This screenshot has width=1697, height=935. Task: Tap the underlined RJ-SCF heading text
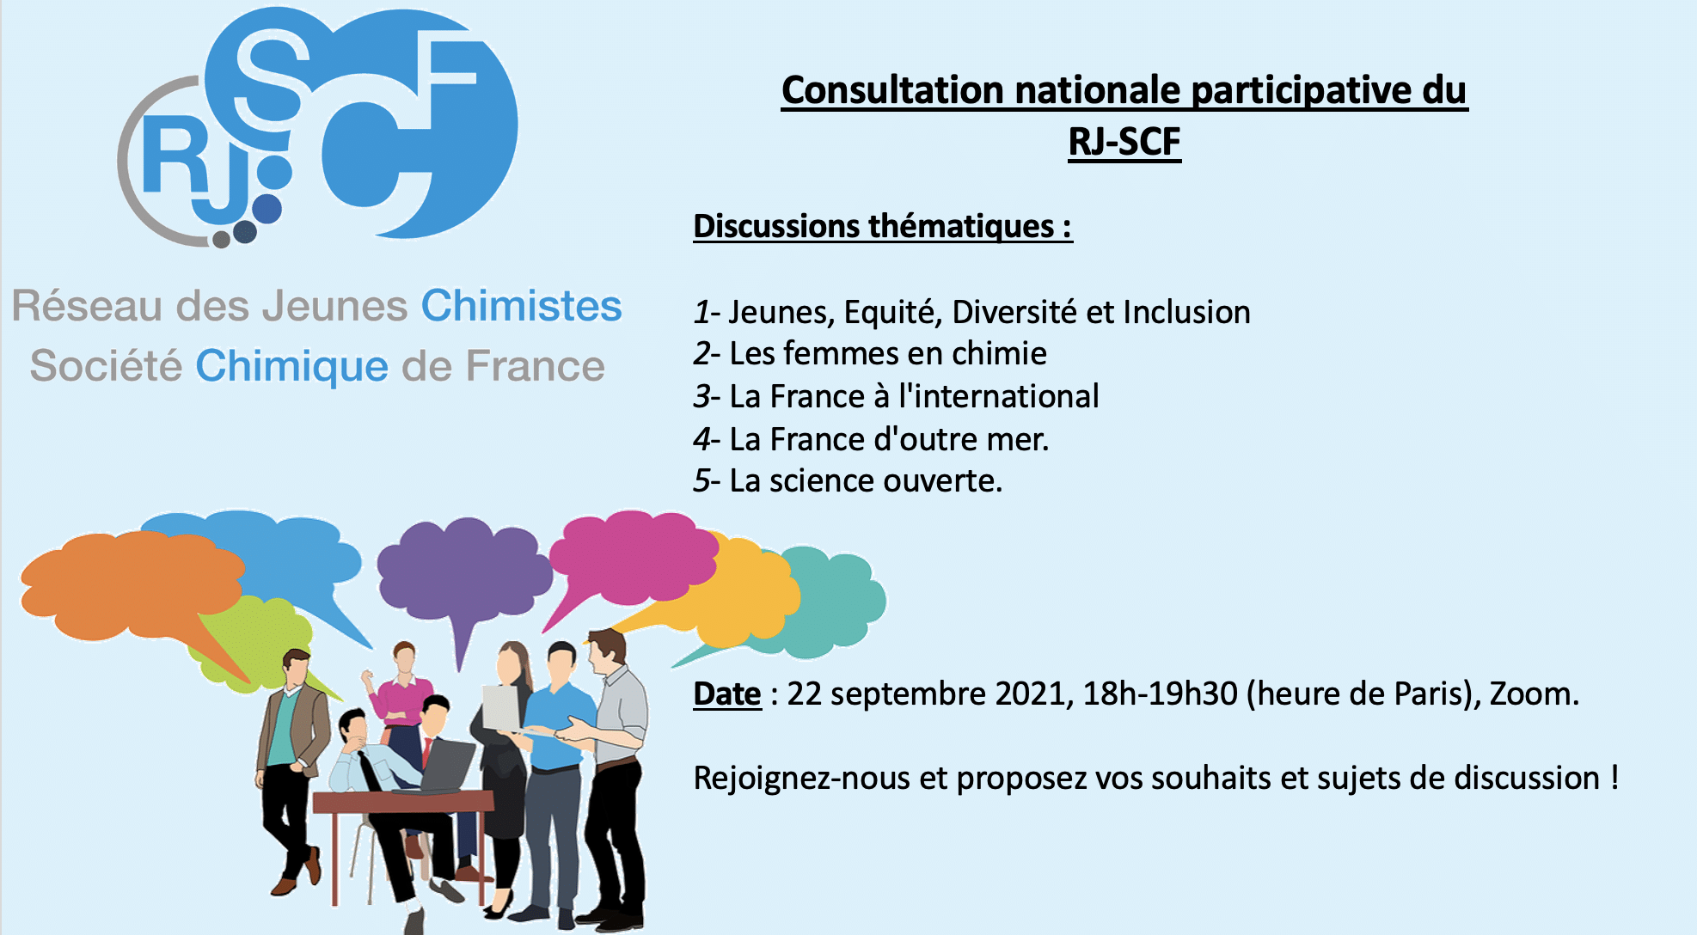tap(1124, 142)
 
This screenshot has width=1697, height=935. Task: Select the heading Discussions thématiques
tap(882, 227)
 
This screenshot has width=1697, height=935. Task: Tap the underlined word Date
tap(727, 694)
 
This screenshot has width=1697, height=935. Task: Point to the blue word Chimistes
tap(521, 306)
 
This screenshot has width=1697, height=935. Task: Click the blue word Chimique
tap(292, 366)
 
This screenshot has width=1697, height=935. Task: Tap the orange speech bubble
tap(129, 584)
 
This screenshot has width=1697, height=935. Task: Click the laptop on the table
tap(447, 765)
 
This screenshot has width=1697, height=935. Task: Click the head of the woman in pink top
tap(404, 657)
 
